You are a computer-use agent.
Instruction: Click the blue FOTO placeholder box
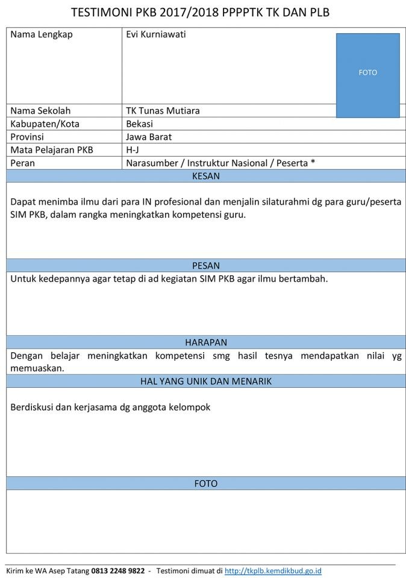point(367,75)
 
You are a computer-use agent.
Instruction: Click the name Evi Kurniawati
point(156,34)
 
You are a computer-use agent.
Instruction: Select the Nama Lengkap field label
point(42,34)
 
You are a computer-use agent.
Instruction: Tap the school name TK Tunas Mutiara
point(163,111)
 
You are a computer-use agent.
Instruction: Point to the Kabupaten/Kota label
point(45,124)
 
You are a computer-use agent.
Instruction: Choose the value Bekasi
point(140,124)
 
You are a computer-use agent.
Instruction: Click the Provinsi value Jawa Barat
point(149,137)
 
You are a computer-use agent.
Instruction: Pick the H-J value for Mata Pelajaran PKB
point(133,150)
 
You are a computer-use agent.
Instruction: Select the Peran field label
point(23,163)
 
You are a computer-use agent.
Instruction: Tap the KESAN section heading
point(205,176)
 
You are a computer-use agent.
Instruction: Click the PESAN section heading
point(205,266)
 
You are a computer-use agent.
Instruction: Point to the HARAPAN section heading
point(205,342)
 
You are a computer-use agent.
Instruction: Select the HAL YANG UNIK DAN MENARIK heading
point(205,381)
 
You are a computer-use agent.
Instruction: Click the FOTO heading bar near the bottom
point(205,483)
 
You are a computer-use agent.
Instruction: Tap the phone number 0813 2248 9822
point(118,570)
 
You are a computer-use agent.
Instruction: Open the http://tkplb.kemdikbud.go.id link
point(273,570)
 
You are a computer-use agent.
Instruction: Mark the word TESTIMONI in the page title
point(102,13)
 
